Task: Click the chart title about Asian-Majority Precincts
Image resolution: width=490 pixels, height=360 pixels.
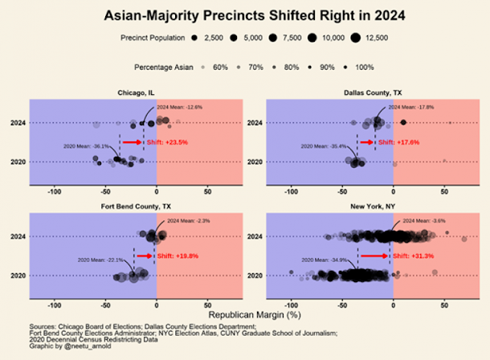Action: (x=244, y=15)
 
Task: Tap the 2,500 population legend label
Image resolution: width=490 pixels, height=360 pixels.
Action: (x=214, y=38)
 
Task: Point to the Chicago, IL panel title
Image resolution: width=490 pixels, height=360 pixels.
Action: (x=133, y=93)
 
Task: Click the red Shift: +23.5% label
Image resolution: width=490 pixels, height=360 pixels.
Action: (x=172, y=142)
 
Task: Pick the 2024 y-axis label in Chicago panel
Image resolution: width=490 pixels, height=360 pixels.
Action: (x=18, y=123)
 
